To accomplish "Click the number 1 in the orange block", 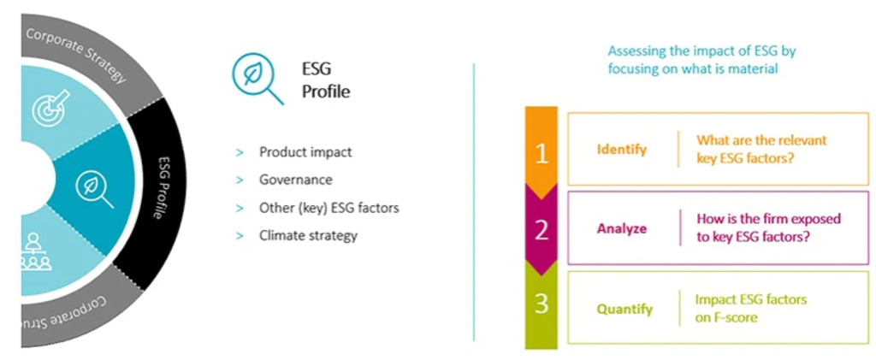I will click(541, 152).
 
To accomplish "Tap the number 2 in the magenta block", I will click(541, 231).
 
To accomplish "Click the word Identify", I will click(621, 149).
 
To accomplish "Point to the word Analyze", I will click(621, 228).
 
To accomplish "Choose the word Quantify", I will click(624, 309).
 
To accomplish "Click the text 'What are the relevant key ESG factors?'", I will click(761, 148).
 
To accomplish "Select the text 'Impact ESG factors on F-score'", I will click(750, 308).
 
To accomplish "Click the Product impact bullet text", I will click(305, 152).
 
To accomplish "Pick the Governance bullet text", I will click(296, 180).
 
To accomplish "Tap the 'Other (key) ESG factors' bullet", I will click(328, 208).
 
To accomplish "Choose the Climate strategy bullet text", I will click(308, 235).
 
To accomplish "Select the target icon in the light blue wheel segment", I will click(47, 109).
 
